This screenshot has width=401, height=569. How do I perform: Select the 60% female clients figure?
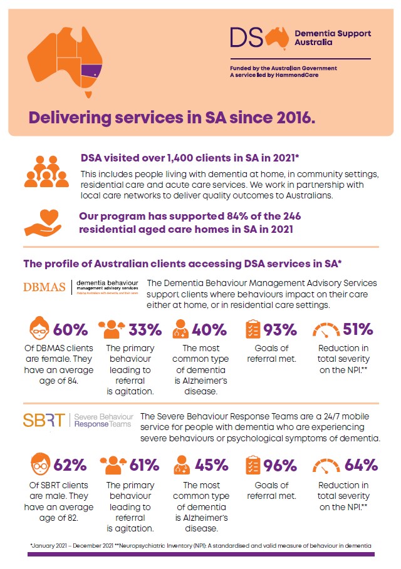click(x=70, y=329)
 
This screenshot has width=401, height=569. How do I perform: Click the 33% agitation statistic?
click(x=145, y=329)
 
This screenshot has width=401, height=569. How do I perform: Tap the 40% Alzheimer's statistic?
click(x=211, y=329)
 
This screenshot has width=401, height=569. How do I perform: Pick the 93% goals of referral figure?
click(x=280, y=329)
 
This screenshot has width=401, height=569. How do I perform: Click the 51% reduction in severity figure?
click(x=357, y=329)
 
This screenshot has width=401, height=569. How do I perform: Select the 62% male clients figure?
click(x=70, y=465)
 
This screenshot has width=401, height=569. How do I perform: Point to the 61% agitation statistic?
click(x=145, y=465)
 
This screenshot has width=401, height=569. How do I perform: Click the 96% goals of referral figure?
click(x=280, y=465)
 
